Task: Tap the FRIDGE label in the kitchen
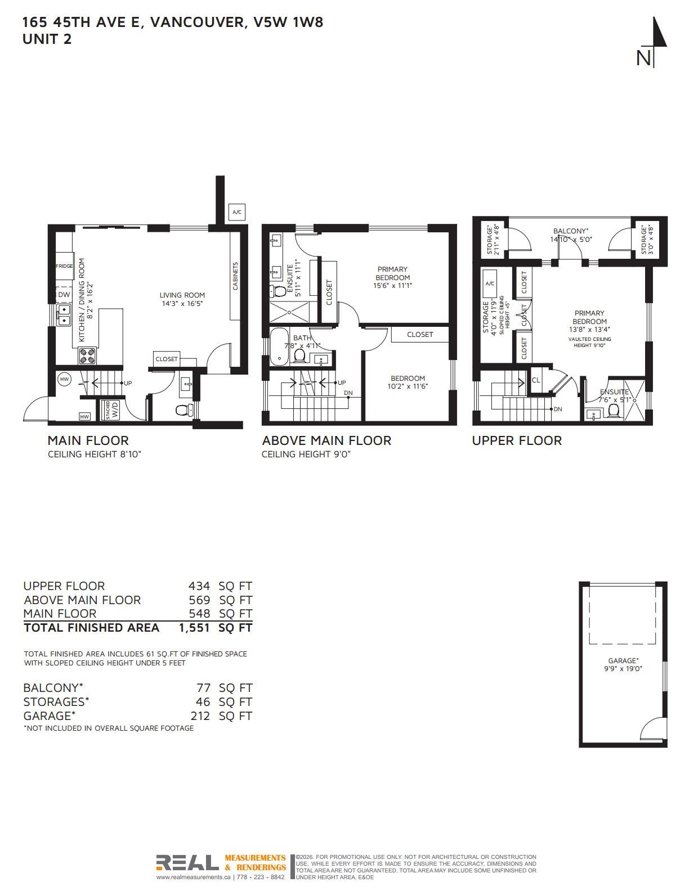click(x=64, y=265)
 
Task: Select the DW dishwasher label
click(x=64, y=294)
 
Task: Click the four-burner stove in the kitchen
click(x=87, y=355)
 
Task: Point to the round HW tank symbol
click(x=64, y=379)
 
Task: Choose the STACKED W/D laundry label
click(x=111, y=410)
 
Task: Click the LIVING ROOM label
click(x=182, y=295)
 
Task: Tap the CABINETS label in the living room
click(x=235, y=276)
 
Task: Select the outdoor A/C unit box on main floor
click(x=237, y=212)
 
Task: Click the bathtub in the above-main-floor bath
click(x=279, y=346)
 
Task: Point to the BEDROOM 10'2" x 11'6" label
click(x=408, y=382)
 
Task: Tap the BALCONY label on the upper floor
click(x=570, y=231)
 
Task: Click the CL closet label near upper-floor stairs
click(x=536, y=380)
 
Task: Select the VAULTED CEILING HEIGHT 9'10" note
click(x=589, y=343)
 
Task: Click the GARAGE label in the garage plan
click(x=623, y=660)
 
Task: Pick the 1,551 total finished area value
click(x=194, y=628)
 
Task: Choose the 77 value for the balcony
click(x=204, y=687)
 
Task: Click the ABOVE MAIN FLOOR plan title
click(x=326, y=440)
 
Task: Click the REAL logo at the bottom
click(x=187, y=863)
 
